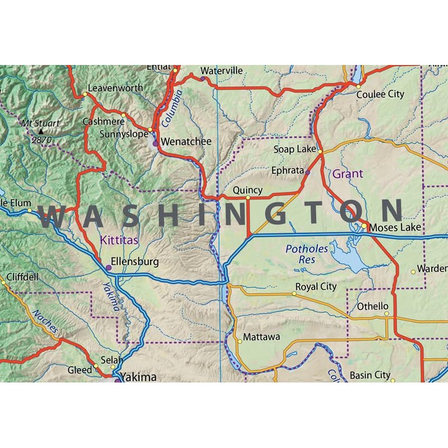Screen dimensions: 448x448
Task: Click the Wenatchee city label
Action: coord(186,142)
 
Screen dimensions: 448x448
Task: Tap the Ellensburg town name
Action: coord(135,262)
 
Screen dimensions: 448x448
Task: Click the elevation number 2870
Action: coord(41,139)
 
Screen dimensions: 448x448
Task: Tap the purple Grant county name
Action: coord(348,174)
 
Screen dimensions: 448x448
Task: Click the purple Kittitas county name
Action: coord(119,240)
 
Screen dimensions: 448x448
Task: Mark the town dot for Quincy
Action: coord(248,198)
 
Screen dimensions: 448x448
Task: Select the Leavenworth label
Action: coord(116,88)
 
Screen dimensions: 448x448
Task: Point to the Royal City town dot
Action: coord(295,293)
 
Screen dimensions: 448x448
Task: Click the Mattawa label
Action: coord(261,338)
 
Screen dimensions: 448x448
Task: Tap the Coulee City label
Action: coord(381,95)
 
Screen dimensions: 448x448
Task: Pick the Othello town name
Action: coord(373,306)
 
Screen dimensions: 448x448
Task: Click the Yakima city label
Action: coord(139,377)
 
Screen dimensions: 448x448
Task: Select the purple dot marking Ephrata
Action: coord(307,172)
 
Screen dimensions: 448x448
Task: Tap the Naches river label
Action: coord(45,322)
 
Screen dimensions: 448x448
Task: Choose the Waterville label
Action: coord(222,71)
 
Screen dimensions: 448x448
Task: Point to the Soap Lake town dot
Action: coord(320,151)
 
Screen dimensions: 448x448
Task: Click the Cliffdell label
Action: coord(24,277)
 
